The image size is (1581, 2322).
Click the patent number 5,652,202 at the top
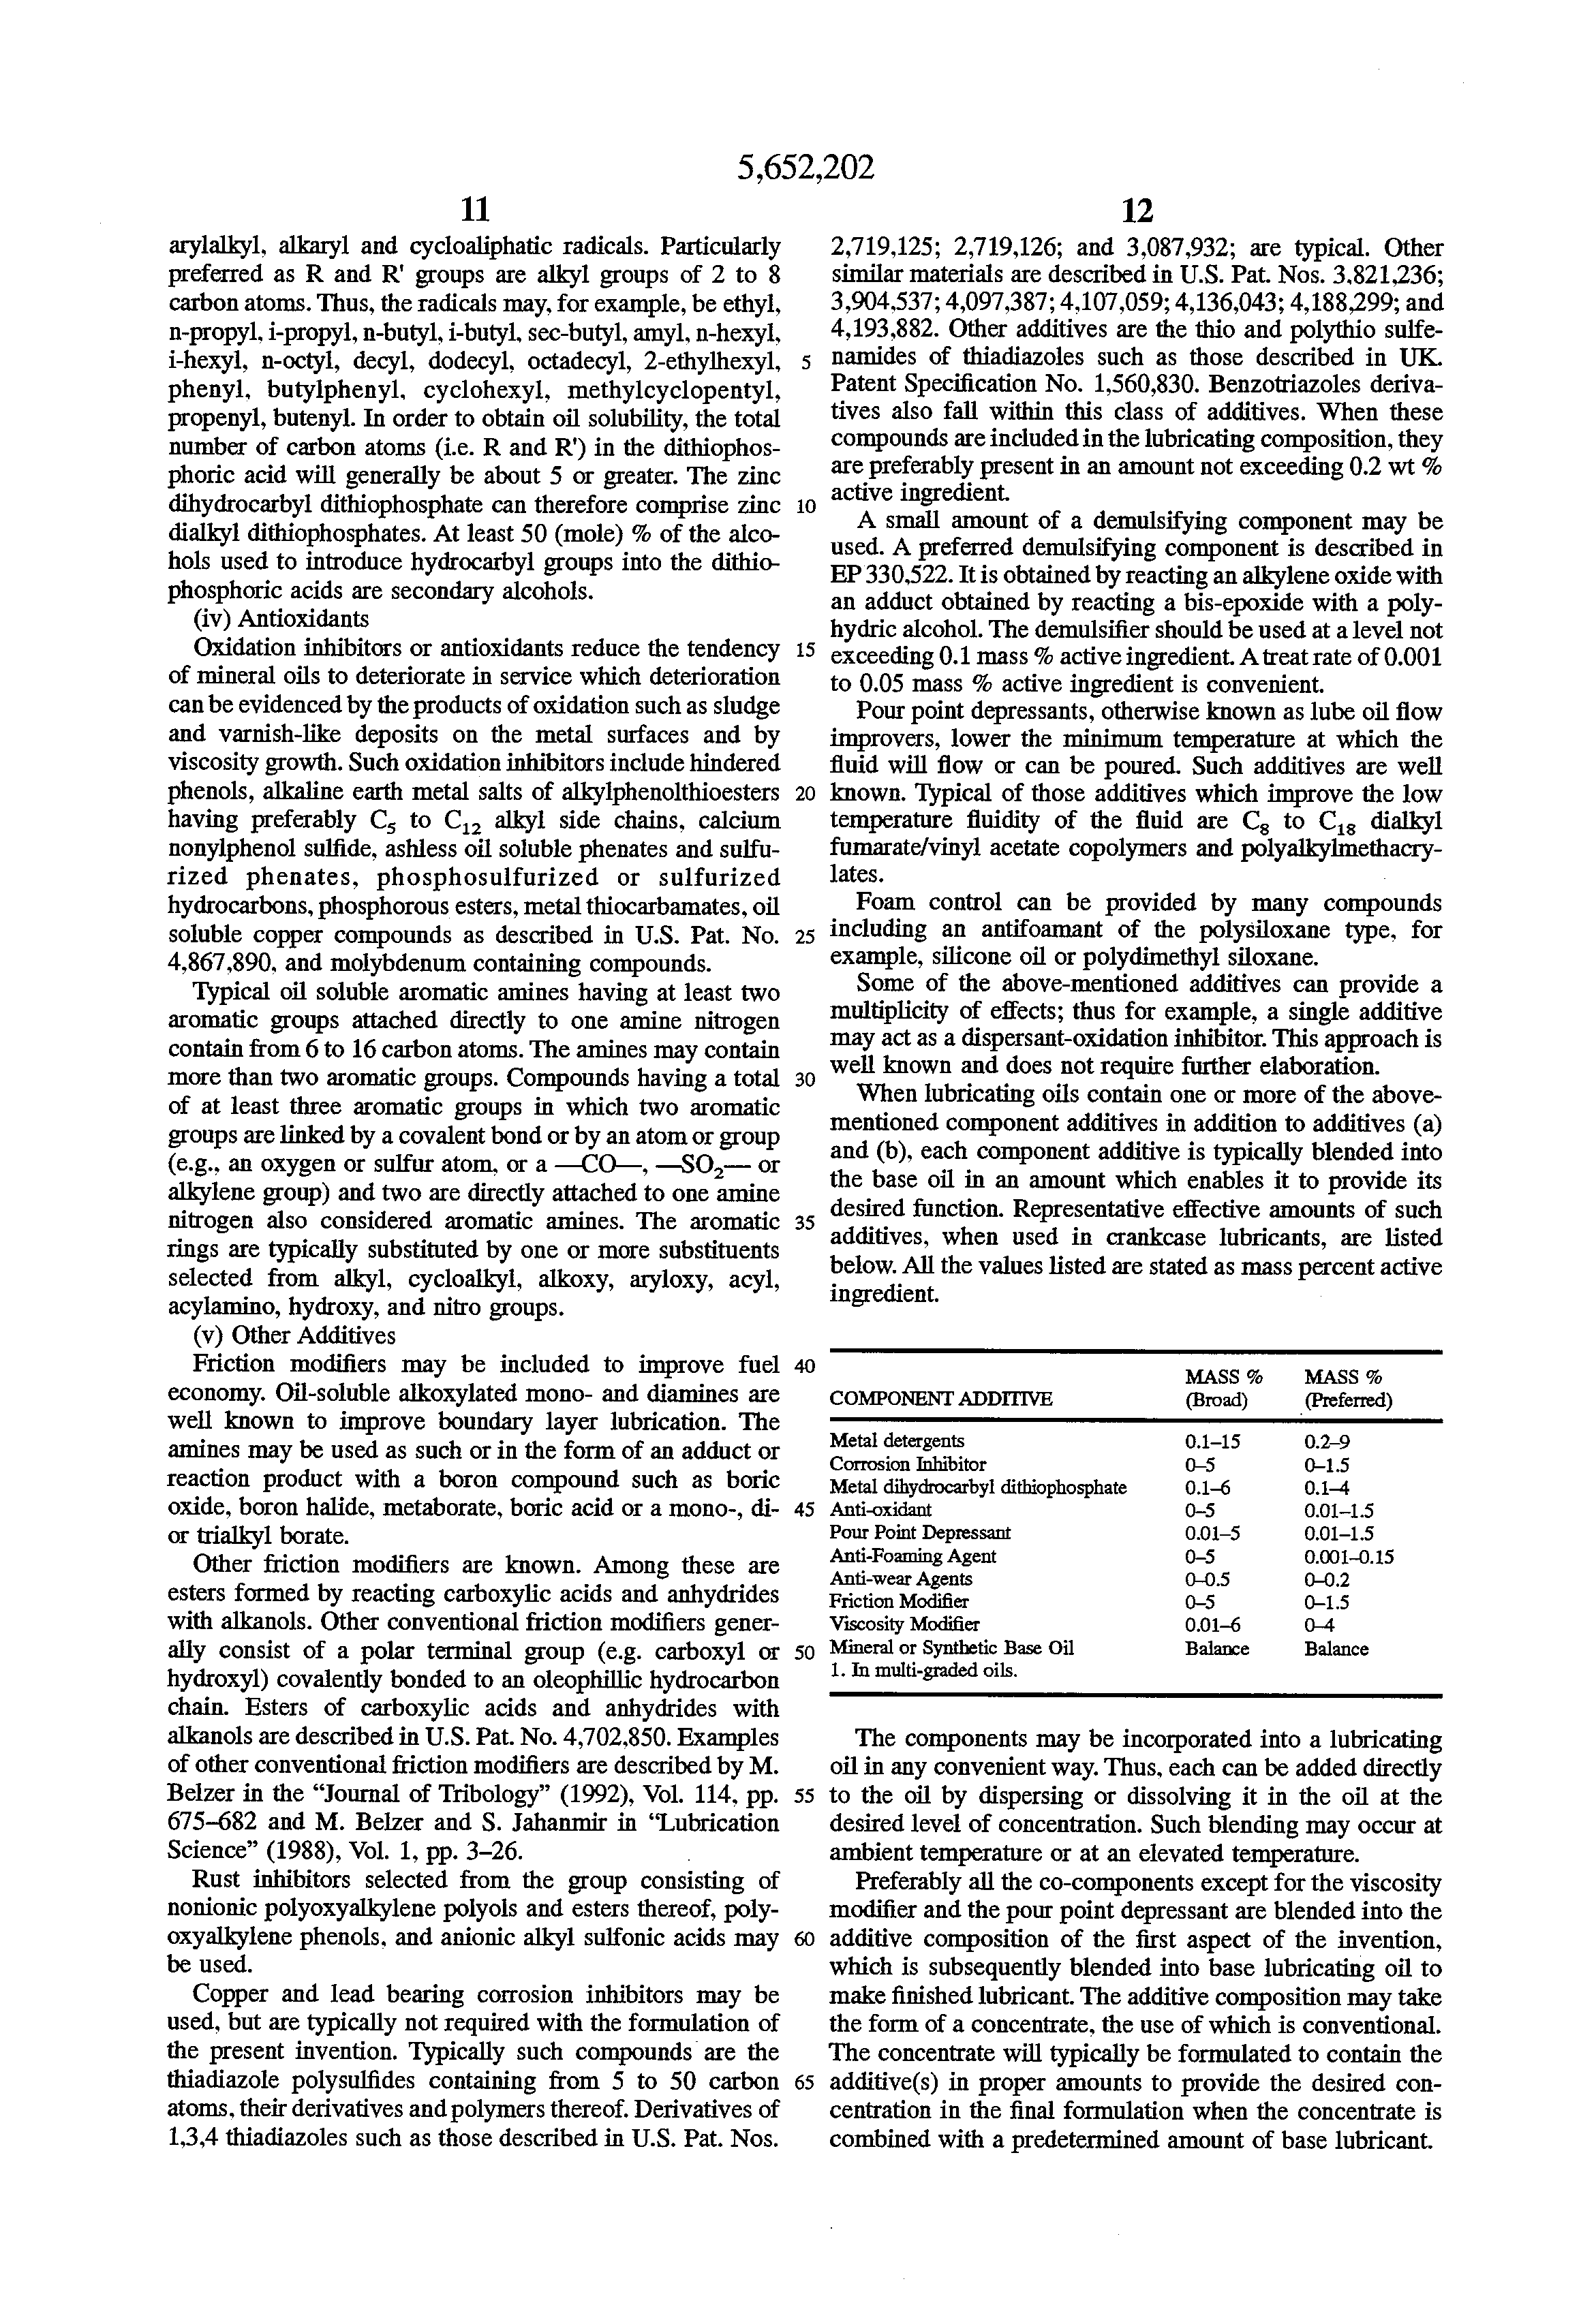[805, 167]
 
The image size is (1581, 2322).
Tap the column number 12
[1136, 210]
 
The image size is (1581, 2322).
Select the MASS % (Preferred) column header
[1348, 1389]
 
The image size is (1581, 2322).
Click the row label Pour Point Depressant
[919, 1533]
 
